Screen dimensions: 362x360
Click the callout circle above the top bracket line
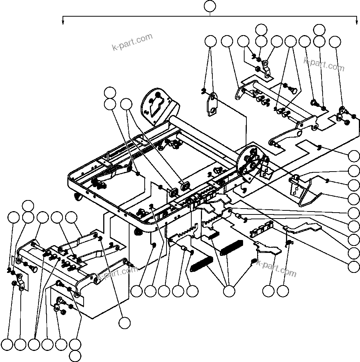[210, 6]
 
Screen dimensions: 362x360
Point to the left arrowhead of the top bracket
[63, 22]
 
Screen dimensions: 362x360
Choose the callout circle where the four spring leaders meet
[229, 291]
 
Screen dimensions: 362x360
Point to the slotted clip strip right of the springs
[262, 230]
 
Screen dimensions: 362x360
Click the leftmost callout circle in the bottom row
[7, 345]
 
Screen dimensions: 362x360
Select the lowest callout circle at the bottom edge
[75, 356]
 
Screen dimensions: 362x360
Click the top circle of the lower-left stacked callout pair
[27, 206]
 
